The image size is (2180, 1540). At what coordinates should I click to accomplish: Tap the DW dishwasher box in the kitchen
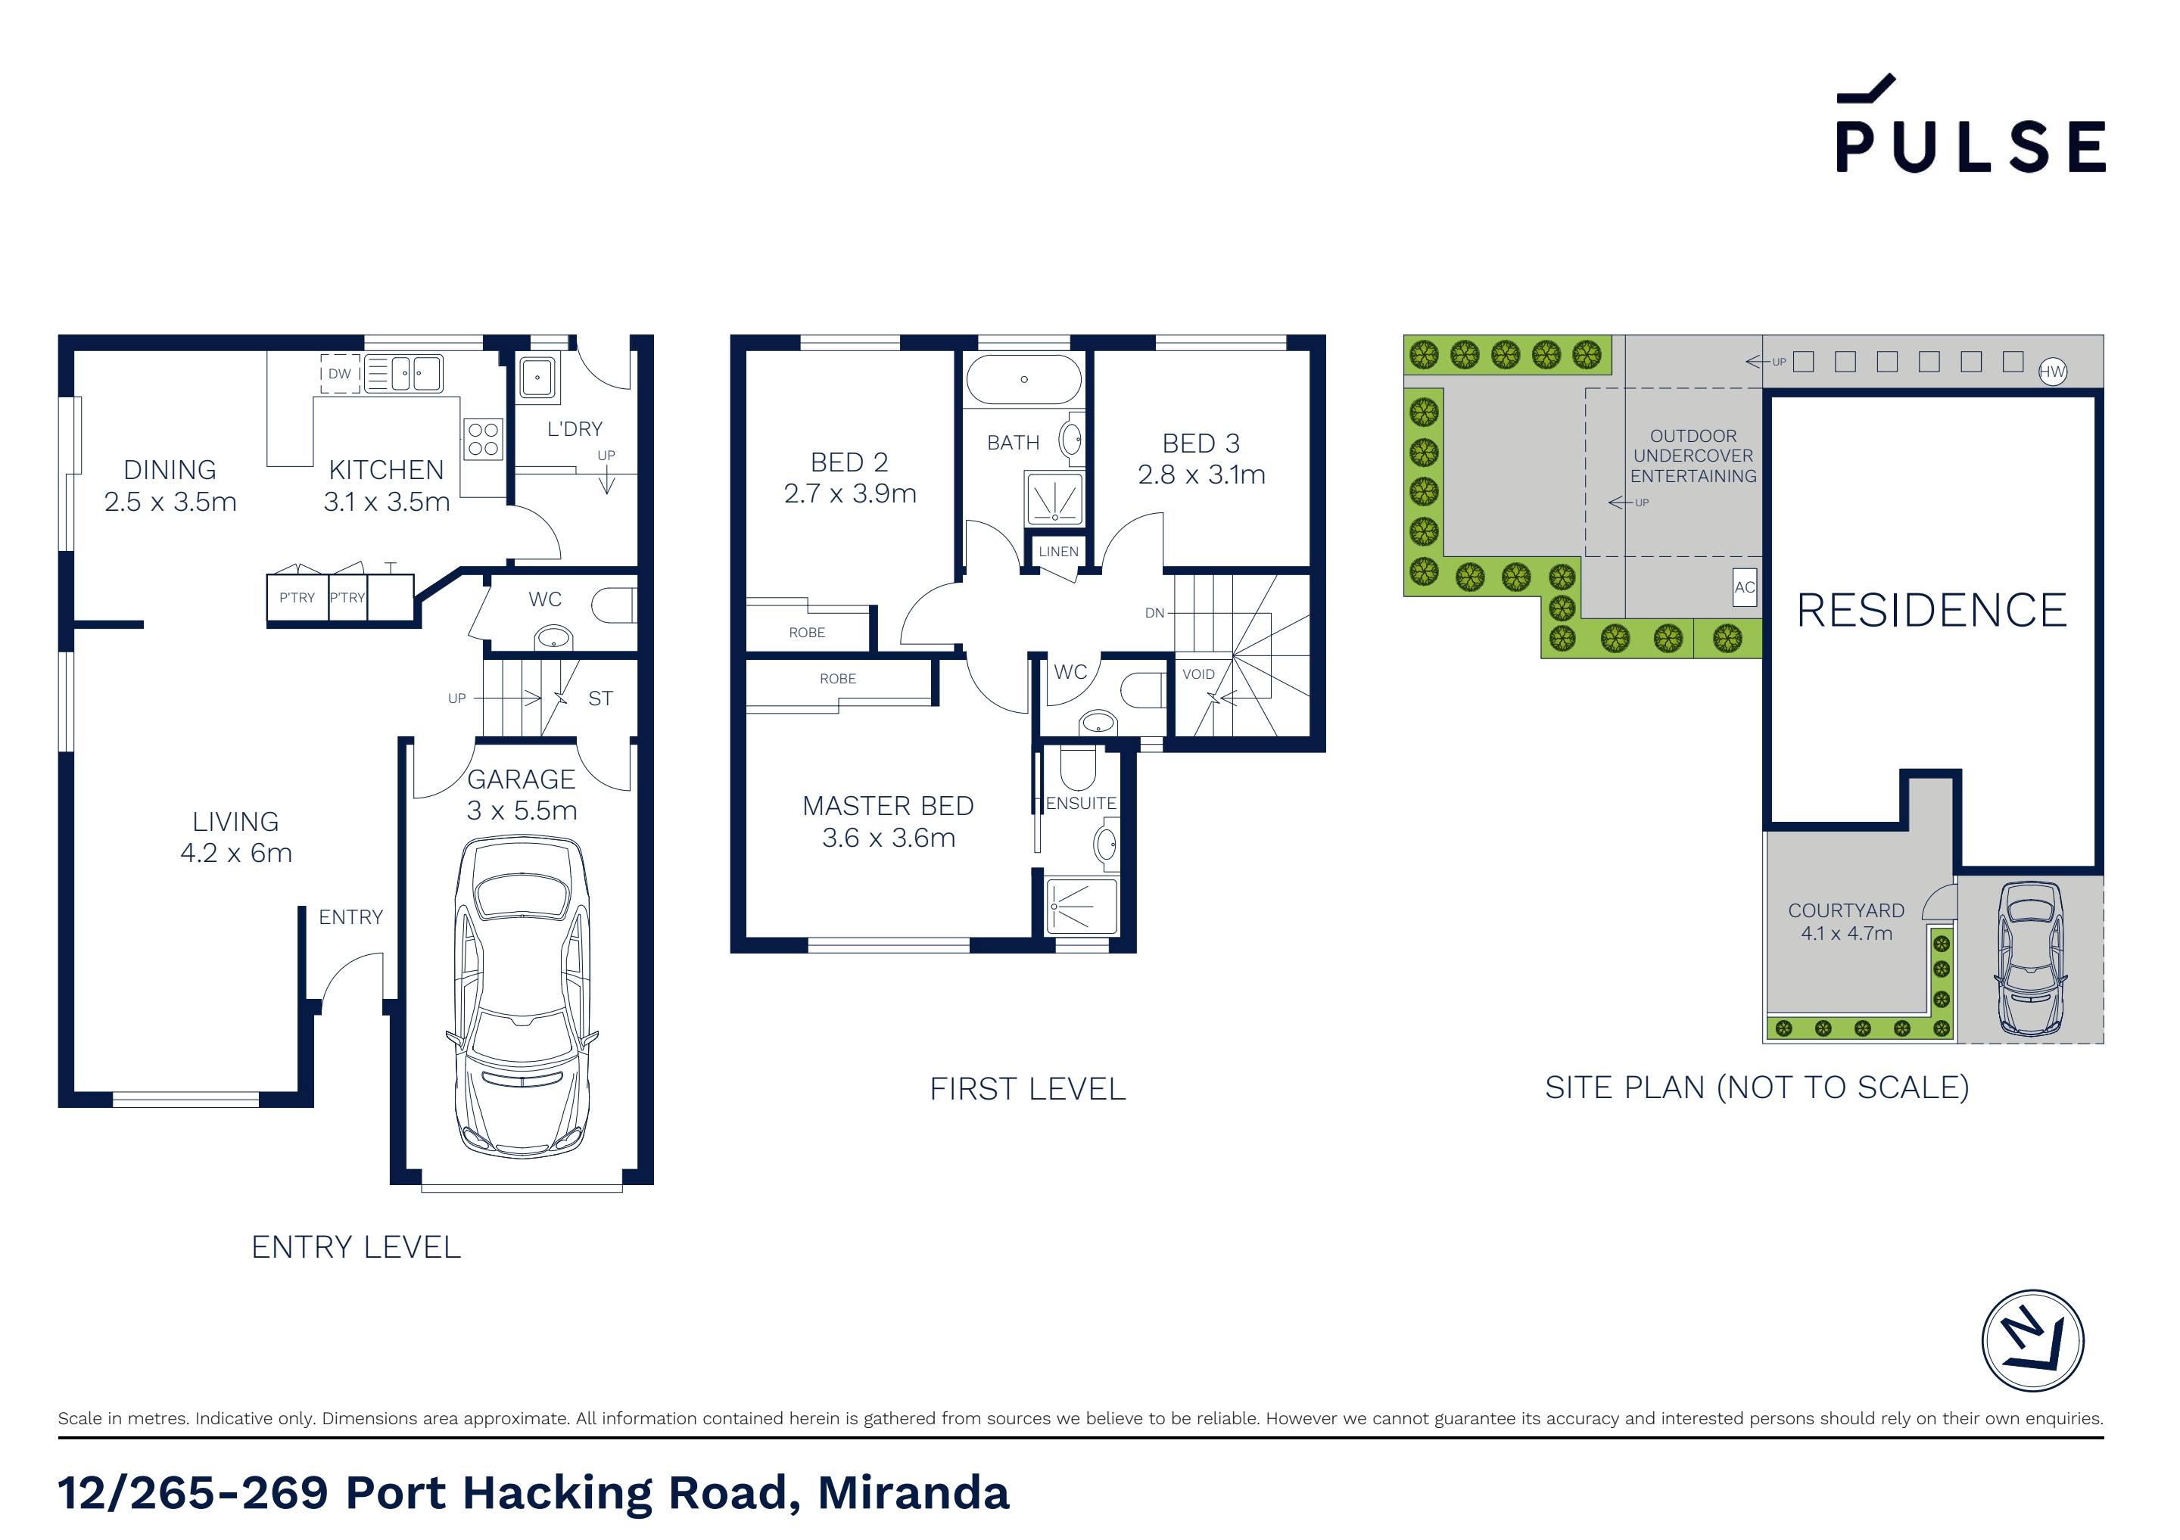point(339,374)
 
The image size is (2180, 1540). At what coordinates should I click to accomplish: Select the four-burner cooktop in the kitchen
point(483,440)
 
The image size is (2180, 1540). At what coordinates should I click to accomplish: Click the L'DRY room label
point(575,429)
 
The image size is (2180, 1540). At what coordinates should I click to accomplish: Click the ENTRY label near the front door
point(350,917)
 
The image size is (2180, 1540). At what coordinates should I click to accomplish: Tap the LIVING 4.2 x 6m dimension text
point(236,853)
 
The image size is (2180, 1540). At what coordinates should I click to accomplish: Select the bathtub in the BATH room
point(1023,380)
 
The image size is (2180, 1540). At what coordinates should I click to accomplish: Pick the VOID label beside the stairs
point(1198,674)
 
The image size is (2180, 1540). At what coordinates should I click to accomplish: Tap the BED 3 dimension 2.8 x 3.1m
point(1201,474)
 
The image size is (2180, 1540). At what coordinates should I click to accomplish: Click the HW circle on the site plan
point(2052,372)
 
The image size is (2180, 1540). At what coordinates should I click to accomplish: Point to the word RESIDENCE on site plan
point(1931,611)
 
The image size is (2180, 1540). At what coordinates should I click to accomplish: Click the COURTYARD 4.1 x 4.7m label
point(1845,922)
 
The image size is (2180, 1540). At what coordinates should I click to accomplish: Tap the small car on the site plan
point(2030,959)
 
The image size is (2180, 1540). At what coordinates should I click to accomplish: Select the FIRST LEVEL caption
point(1027,1089)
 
